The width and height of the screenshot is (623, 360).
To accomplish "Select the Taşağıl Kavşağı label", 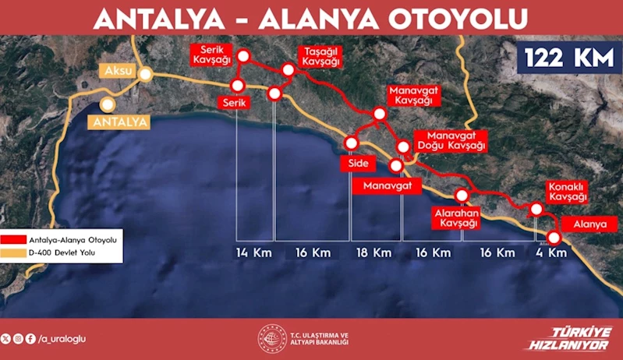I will [x=321, y=55].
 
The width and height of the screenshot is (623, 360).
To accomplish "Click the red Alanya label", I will [x=589, y=224].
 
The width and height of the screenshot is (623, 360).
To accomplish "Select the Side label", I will [x=358, y=164].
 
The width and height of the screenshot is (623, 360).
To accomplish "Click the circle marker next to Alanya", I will [x=554, y=238].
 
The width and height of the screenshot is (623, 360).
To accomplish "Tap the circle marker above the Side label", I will [x=351, y=143].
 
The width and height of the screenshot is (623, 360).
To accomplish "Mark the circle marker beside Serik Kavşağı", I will [x=242, y=56].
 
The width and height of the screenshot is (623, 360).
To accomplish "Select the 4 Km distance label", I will [x=550, y=253].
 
